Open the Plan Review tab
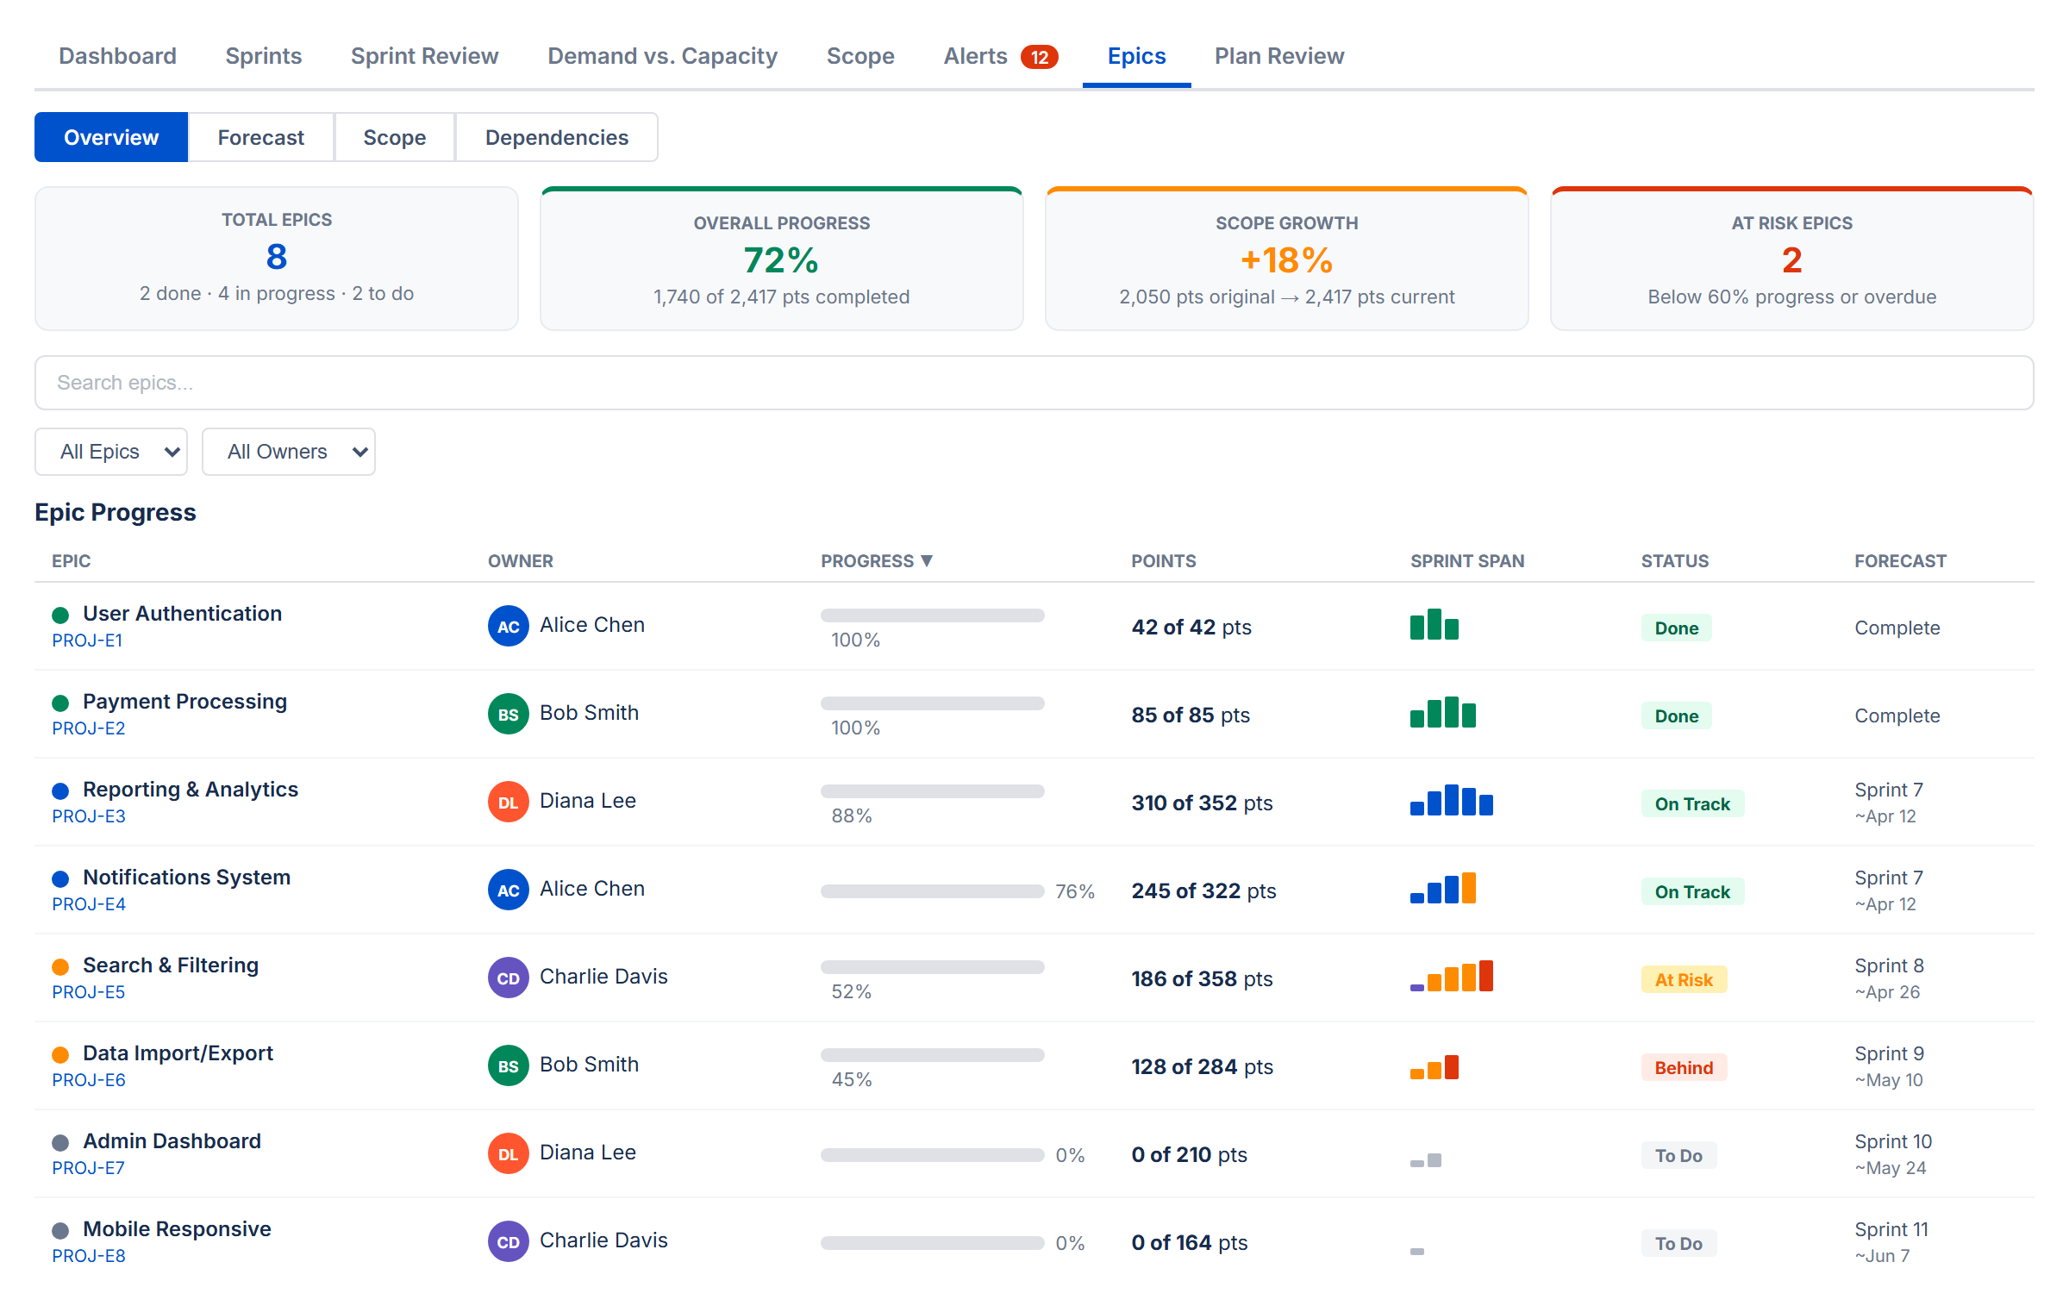coord(1278,56)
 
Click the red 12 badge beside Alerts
coord(1039,57)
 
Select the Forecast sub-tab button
coord(260,138)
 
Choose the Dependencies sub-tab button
coord(556,138)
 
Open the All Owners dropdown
coord(288,452)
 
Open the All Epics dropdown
coord(111,452)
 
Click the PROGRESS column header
coord(876,561)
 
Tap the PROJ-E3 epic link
coord(89,816)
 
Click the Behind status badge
coord(1683,1068)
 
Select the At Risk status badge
coord(1683,980)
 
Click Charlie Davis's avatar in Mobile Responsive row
coord(508,1242)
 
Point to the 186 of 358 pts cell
coord(1201,979)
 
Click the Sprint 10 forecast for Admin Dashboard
coord(1892,1142)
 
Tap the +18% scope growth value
coord(1286,260)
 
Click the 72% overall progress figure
coord(781,260)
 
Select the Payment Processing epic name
coord(184,702)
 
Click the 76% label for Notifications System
coord(1074,892)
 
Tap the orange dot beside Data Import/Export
coord(60,1055)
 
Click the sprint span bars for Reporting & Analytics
coord(1451,801)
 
